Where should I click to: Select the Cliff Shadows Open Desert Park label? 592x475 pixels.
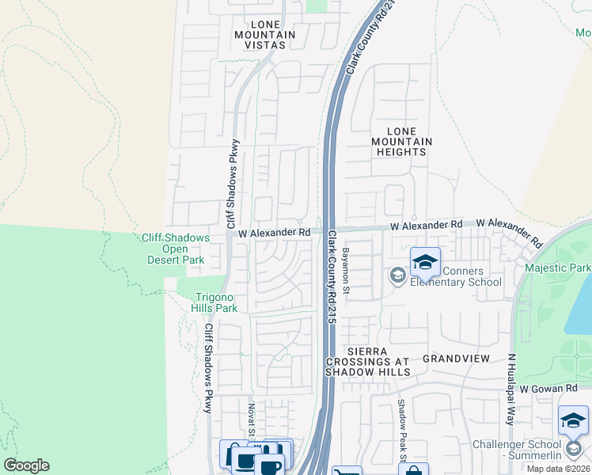[175, 249]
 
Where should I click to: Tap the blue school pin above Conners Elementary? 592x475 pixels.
[425, 263]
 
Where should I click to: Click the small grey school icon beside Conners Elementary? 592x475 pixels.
[397, 275]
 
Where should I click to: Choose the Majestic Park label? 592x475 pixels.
[557, 268]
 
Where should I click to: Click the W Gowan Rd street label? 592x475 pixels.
[550, 388]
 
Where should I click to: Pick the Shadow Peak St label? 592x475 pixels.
[401, 431]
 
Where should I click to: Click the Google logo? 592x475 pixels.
[26, 465]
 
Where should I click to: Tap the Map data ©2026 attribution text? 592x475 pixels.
[558, 469]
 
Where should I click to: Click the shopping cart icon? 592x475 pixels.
[347, 473]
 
